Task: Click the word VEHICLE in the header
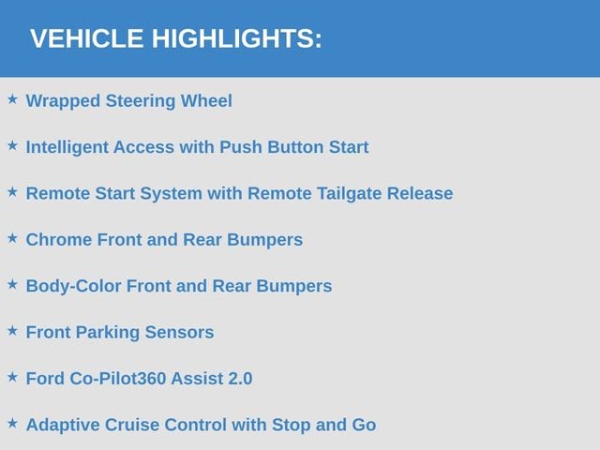(x=87, y=38)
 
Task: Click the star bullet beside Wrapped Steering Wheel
(x=12, y=99)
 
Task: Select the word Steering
(x=141, y=101)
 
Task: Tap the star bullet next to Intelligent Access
(x=12, y=145)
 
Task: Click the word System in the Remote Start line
(x=171, y=194)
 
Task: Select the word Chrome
(x=59, y=240)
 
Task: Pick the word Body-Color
(x=73, y=287)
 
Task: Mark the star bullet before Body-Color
(x=12, y=284)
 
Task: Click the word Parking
(x=108, y=333)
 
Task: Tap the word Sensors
(x=179, y=333)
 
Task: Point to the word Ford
(x=45, y=379)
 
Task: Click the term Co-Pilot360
(x=117, y=379)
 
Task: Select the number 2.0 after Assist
(x=240, y=379)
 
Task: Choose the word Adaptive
(x=63, y=426)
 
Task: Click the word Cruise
(x=132, y=425)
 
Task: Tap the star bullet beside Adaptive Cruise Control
(x=12, y=423)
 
